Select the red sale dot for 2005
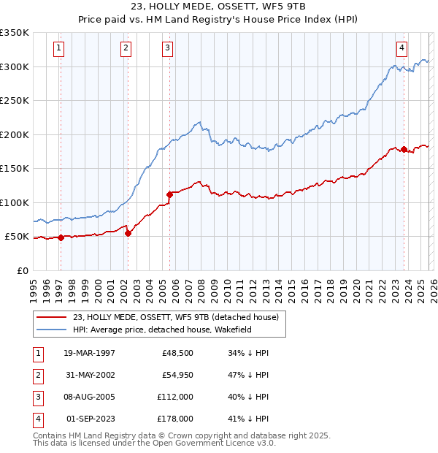tap(169, 194)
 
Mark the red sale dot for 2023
tap(404, 150)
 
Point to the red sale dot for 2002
tap(128, 233)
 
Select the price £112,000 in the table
tap(175, 398)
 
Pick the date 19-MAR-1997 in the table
tap(90, 353)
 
